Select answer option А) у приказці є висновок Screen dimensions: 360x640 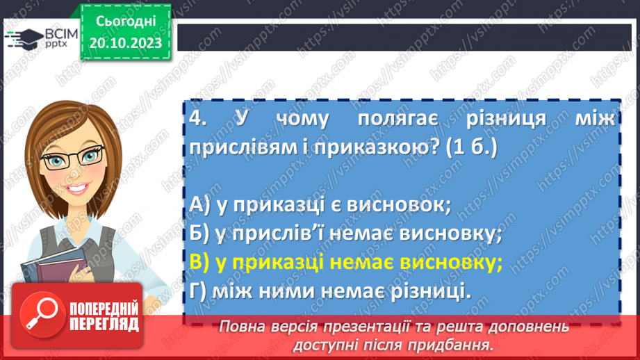(320, 205)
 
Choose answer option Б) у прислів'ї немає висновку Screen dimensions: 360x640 (345, 234)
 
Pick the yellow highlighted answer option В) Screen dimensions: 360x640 (345, 262)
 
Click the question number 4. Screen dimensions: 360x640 (198, 119)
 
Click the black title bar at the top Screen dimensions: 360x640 (407, 37)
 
